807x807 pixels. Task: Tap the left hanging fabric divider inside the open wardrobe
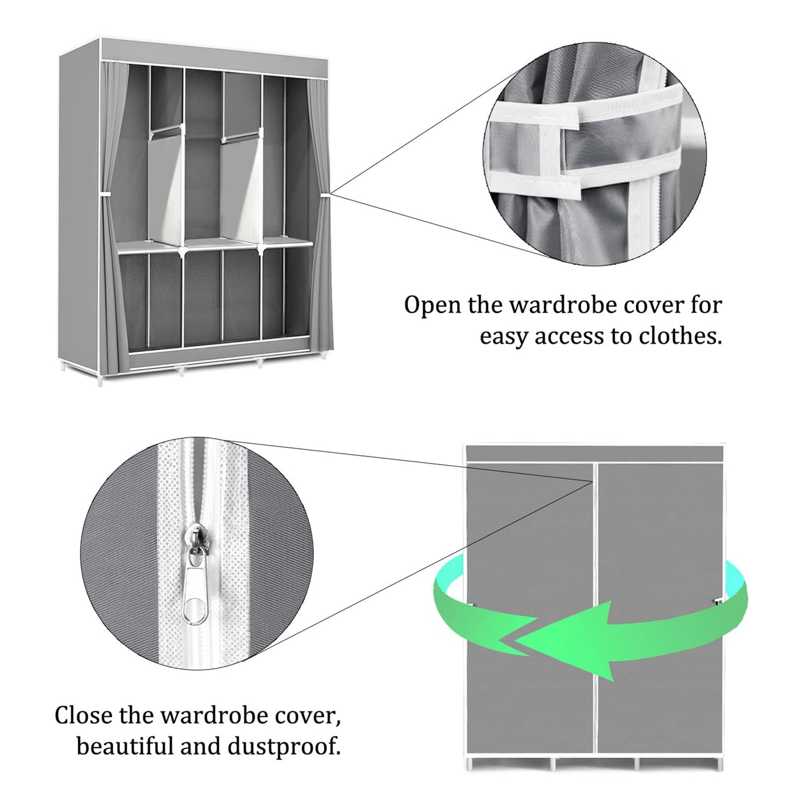coord(165,184)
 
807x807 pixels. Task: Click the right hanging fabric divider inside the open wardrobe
coord(242,184)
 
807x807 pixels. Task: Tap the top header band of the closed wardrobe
coord(595,453)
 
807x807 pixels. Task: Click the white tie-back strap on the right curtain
coord(325,194)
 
